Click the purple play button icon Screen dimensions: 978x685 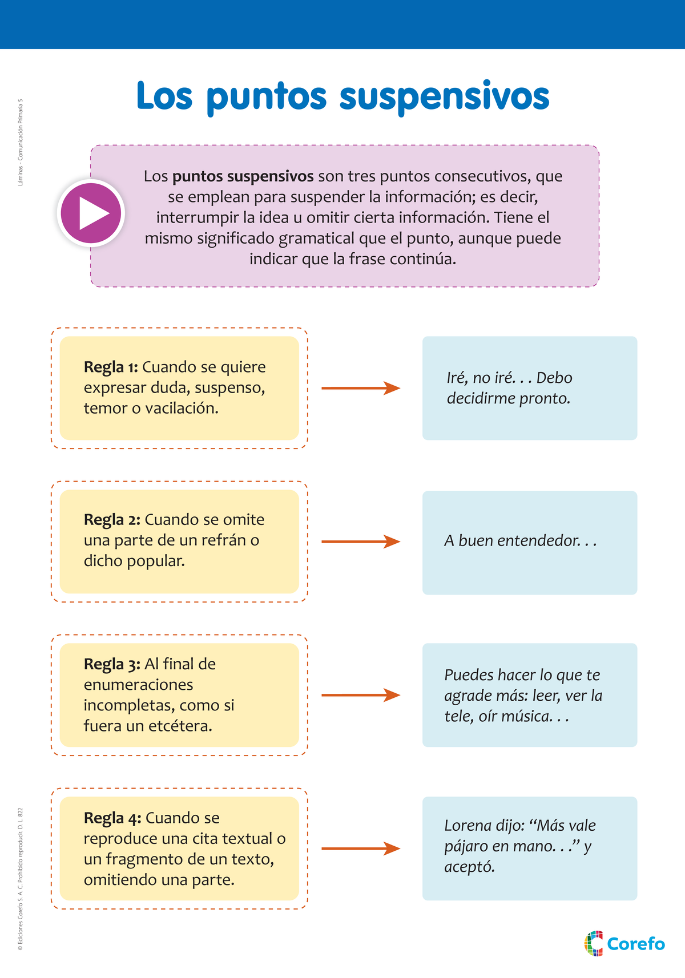[x=91, y=213]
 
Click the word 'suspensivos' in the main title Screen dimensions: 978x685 [x=444, y=97]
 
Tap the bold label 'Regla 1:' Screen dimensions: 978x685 [x=111, y=367]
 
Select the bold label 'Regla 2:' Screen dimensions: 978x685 [x=112, y=520]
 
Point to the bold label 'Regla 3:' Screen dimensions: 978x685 [x=112, y=664]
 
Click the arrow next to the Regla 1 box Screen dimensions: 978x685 [x=361, y=388]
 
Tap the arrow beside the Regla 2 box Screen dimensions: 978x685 [x=361, y=541]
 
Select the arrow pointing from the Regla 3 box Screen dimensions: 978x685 [x=361, y=695]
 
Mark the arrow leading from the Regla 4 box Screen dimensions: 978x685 [x=361, y=848]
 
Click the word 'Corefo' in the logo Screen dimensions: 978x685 [x=636, y=944]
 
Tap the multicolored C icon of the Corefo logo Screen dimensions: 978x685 [x=594, y=943]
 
